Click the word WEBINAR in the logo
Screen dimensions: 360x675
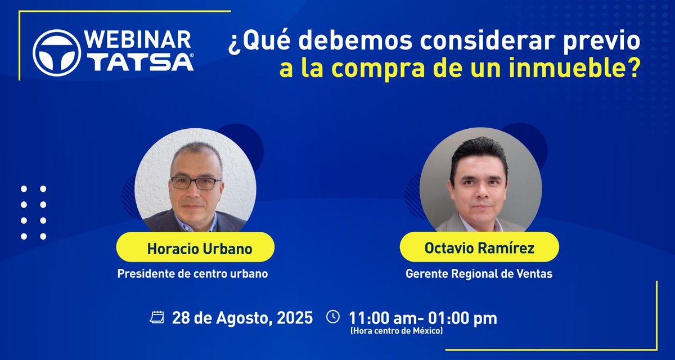138,40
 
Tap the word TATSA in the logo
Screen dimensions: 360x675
142,62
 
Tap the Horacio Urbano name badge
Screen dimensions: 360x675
195,247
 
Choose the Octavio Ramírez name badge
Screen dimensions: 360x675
479,247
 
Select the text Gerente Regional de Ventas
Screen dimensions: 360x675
479,274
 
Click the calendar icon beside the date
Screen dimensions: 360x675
157,317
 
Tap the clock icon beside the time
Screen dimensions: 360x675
333,317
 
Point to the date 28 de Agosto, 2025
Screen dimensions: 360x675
242,318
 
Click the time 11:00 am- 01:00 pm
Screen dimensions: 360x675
423,318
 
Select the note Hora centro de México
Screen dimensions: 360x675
396,331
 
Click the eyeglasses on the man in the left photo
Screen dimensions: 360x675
196,183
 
